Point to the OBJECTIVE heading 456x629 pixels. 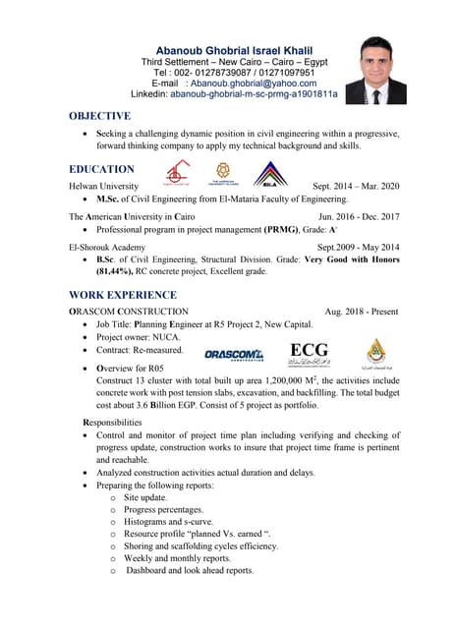click(x=99, y=116)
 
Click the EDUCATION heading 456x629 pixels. click(x=101, y=169)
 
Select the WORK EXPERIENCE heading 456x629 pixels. click(x=123, y=295)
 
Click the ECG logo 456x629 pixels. click(x=309, y=353)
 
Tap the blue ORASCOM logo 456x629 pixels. click(x=234, y=354)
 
